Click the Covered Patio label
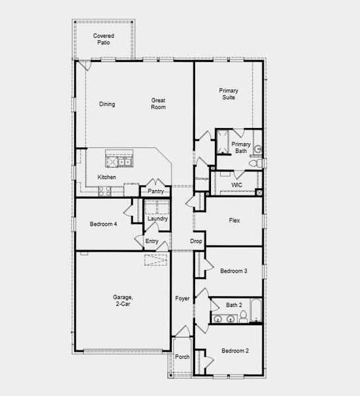click(102, 39)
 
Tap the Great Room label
click(158, 104)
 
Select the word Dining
click(107, 104)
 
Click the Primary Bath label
click(241, 147)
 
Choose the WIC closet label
click(237, 185)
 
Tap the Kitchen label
click(107, 178)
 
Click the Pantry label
click(156, 191)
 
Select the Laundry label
click(157, 219)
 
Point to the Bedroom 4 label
click(103, 224)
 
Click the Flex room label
click(233, 220)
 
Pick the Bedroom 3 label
click(233, 271)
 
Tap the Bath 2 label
click(233, 305)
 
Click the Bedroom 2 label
click(235, 350)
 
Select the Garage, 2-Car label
click(123, 301)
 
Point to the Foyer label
click(183, 299)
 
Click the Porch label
click(182, 357)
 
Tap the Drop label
click(196, 242)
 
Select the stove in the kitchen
click(104, 191)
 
